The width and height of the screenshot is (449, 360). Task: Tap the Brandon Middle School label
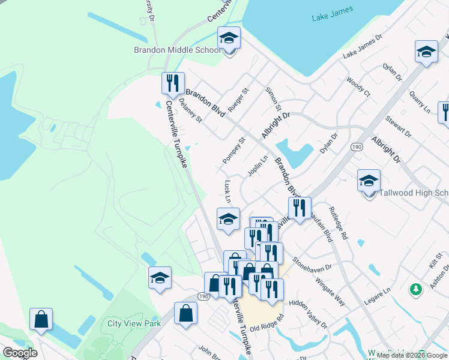[178, 50]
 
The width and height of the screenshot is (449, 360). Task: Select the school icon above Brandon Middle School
[229, 38]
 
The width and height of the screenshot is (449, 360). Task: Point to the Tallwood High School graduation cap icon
[369, 181]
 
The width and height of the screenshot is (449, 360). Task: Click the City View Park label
[134, 323]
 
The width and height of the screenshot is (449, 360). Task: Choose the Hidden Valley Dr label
[308, 314]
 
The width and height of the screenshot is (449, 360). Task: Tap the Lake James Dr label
[362, 47]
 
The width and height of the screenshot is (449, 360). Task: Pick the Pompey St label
[234, 151]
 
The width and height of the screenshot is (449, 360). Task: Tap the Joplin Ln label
[258, 166]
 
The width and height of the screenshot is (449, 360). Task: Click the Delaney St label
[191, 110]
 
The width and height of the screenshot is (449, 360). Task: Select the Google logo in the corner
[20, 353]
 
